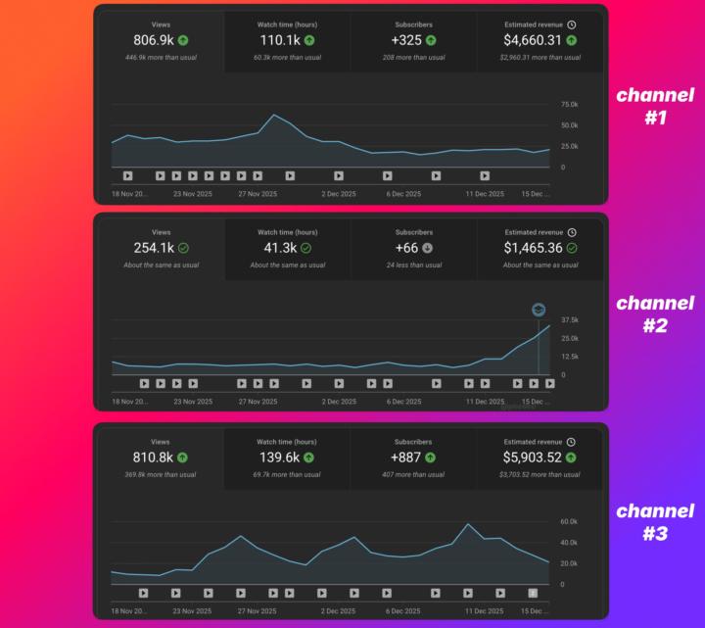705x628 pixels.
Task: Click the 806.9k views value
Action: (x=154, y=40)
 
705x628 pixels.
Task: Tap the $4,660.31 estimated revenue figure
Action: (x=533, y=40)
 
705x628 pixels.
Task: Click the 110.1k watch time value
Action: (x=279, y=40)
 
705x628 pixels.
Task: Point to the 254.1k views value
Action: (x=154, y=248)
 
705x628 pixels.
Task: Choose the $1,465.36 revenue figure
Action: (x=533, y=248)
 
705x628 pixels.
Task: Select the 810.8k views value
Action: (x=154, y=457)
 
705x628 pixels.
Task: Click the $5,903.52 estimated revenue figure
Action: (x=533, y=457)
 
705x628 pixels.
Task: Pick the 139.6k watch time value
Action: (x=279, y=457)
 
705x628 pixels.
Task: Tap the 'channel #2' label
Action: (x=654, y=314)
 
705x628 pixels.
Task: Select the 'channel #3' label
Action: (x=654, y=522)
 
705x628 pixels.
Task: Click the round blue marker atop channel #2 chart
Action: (x=539, y=310)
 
